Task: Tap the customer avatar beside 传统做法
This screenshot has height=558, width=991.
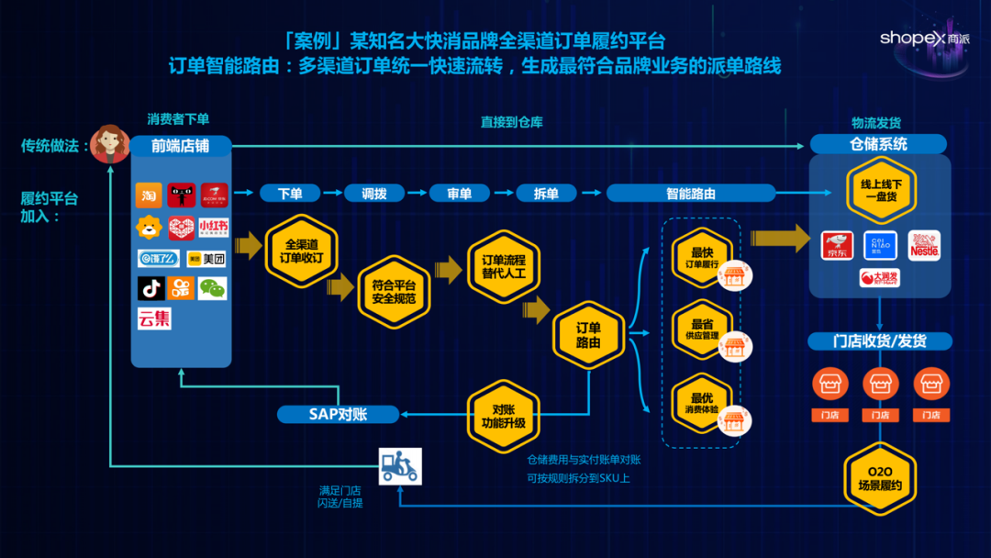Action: click(x=110, y=144)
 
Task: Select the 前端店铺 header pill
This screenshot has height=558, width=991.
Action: click(x=180, y=146)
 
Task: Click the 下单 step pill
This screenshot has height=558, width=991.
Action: click(x=289, y=194)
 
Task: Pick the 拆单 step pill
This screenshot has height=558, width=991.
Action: click(x=546, y=194)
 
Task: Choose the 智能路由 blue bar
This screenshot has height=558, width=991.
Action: click(x=691, y=194)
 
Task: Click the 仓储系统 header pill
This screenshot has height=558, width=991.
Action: click(x=878, y=144)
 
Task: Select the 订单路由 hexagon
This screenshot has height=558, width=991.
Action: click(x=588, y=335)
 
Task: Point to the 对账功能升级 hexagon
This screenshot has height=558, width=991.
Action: click(x=504, y=416)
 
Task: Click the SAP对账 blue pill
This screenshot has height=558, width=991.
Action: click(x=338, y=415)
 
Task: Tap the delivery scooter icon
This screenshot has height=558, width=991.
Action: click(x=400, y=466)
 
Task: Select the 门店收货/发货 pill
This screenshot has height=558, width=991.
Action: click(x=879, y=341)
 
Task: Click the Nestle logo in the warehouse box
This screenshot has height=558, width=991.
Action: click(x=924, y=245)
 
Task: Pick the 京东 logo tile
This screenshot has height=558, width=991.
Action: click(x=837, y=245)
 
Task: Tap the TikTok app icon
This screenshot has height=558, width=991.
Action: click(x=150, y=288)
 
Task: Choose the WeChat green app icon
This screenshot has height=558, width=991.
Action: click(x=212, y=288)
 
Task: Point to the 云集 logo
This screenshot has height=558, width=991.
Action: click(x=154, y=319)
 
